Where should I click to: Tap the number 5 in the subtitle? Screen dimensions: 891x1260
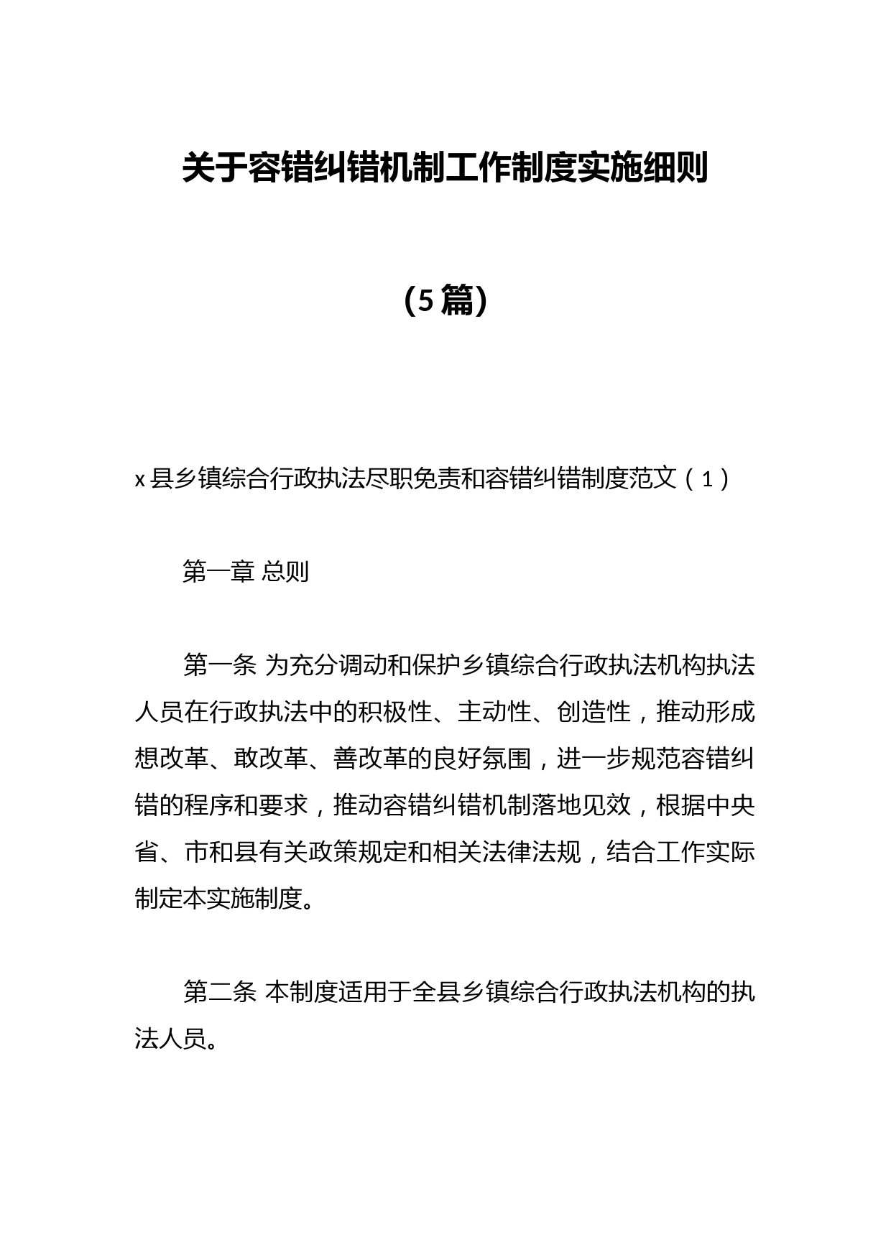point(426,301)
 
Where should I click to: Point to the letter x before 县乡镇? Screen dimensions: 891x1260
point(140,479)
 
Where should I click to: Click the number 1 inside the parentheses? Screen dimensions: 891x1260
point(707,479)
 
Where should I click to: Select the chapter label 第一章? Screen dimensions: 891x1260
point(219,572)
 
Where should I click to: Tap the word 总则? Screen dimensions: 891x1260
point(285,572)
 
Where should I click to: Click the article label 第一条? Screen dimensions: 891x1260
point(219,666)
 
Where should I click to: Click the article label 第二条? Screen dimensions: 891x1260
point(219,993)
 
